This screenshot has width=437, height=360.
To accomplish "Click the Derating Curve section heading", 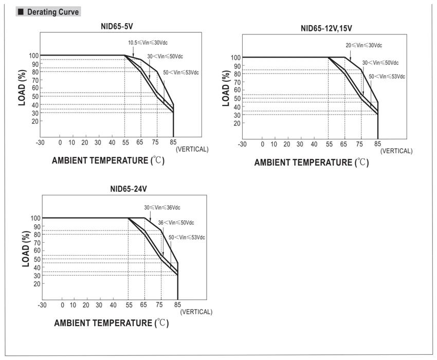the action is [52, 12].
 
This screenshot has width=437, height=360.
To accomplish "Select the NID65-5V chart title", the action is [117, 27].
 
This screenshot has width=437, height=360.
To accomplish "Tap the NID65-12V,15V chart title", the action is [326, 28].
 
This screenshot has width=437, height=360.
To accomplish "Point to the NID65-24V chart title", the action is [129, 189].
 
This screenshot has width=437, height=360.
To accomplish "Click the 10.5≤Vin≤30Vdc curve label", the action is [148, 43].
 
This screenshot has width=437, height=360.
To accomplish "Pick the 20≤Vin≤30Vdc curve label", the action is [363, 45].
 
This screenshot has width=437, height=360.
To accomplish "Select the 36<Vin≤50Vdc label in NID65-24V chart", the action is [176, 223].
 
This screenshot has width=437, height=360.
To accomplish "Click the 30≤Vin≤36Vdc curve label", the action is [162, 207].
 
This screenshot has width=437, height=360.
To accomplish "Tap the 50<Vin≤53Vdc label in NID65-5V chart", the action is [181, 73].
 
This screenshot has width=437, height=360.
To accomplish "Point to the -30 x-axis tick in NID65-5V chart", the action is [40, 142].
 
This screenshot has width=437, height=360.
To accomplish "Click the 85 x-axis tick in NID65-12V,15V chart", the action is [377, 144].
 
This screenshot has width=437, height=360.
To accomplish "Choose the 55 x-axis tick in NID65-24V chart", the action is [129, 305].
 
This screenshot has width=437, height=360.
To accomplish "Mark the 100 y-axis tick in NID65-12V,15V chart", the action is [235, 58].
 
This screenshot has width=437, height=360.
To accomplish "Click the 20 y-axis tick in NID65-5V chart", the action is [35, 121].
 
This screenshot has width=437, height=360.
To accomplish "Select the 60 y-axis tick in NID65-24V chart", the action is [37, 250].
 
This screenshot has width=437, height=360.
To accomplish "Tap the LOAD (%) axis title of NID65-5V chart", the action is [22, 87].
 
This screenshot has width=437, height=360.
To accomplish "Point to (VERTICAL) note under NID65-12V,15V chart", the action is [396, 151].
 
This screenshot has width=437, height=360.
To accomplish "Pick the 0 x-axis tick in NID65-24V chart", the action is [62, 305].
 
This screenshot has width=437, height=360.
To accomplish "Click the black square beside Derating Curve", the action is [21, 12].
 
